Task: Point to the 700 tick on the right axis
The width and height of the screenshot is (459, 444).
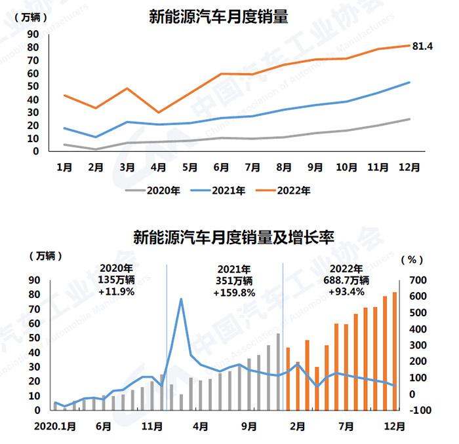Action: (418, 280)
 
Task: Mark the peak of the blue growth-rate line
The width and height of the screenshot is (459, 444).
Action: (180, 299)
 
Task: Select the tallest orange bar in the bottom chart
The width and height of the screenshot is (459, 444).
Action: (394, 351)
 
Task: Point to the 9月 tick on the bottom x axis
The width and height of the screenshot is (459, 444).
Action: (249, 426)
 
